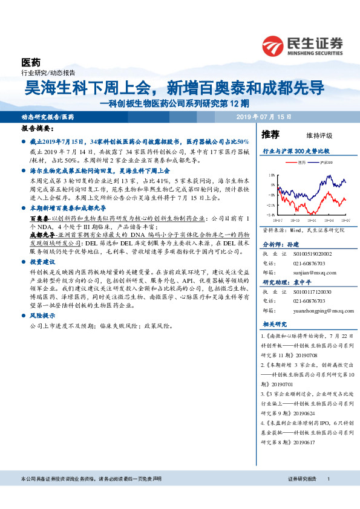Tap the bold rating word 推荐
270,134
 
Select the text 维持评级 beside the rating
310,135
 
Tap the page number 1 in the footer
328,479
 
